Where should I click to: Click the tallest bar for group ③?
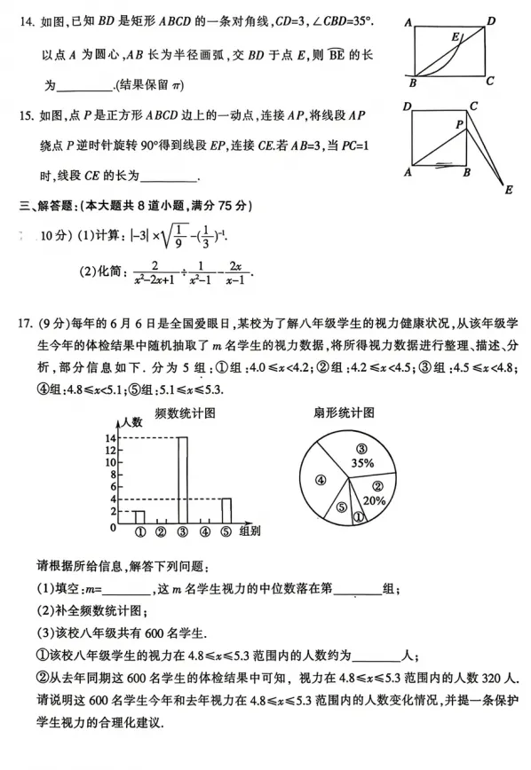[x=183, y=481]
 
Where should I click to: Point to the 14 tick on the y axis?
[x=110, y=438]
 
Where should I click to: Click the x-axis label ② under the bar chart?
[x=161, y=532]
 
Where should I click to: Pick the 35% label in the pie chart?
[x=361, y=462]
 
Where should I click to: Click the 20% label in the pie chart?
[x=376, y=499]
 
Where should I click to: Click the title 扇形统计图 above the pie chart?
[x=344, y=412]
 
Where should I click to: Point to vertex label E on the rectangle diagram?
[x=456, y=37]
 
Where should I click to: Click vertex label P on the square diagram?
[x=460, y=125]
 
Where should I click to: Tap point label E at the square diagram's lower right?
[x=509, y=188]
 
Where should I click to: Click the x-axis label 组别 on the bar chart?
[x=250, y=532]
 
